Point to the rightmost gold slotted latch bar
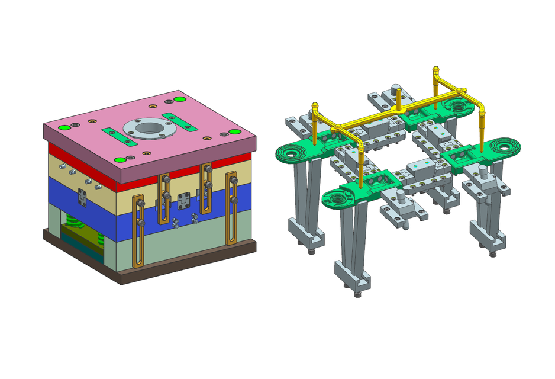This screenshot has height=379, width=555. point(231,207)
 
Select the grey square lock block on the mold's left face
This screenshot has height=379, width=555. point(83,198)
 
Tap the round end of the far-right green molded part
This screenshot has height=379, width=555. point(505,143)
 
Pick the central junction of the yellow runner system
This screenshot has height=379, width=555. point(400,108)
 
